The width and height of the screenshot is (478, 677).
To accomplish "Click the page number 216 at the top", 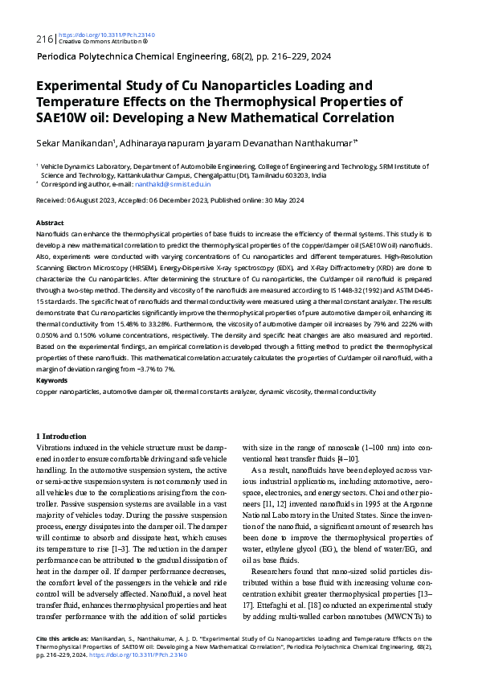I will point(44,39).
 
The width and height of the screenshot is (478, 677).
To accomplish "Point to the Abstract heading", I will point(50,222).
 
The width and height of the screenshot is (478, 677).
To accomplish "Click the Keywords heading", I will point(51,380).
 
